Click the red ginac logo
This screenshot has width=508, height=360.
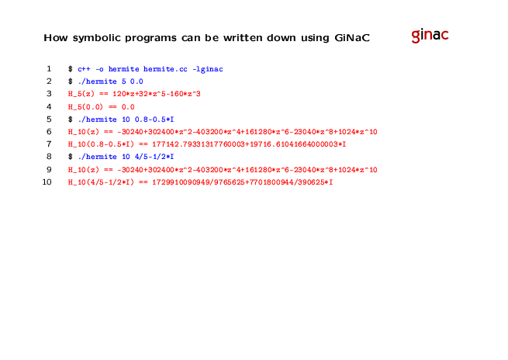pyautogui.click(x=430, y=36)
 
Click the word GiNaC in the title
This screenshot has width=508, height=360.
pyautogui.click(x=352, y=38)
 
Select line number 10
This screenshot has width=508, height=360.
pyautogui.click(x=47, y=182)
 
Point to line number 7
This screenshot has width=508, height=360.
pyautogui.click(x=49, y=144)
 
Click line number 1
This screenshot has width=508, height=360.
pyautogui.click(x=49, y=69)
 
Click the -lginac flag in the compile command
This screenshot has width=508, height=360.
pyautogui.click(x=208, y=69)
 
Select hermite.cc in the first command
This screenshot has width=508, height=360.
pyautogui.click(x=165, y=69)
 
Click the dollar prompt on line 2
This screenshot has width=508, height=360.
pyautogui.click(x=71, y=81)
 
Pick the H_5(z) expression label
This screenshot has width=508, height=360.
pyautogui.click(x=81, y=94)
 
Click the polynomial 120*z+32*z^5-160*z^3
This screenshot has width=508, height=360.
pyautogui.click(x=157, y=94)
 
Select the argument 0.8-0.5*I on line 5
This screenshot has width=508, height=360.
pyautogui.click(x=154, y=119)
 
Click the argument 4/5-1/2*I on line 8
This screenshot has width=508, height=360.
pyautogui.click(x=154, y=157)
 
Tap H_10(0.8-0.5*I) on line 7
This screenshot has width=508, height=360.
pyautogui.click(x=101, y=144)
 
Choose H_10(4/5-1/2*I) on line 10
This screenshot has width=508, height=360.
pyautogui.click(x=101, y=182)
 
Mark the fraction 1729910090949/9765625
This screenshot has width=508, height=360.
pyautogui.click(x=199, y=182)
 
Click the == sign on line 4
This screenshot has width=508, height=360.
pyautogui.click(x=112, y=107)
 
